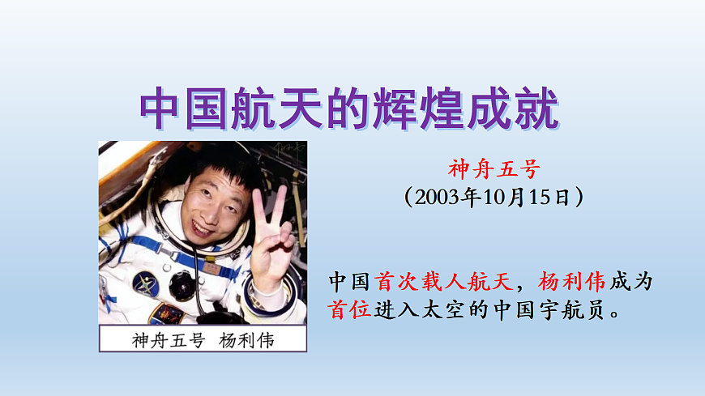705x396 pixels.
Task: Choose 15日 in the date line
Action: pyautogui.click(x=550, y=197)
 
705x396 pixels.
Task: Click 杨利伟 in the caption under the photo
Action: pyautogui.click(x=246, y=339)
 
